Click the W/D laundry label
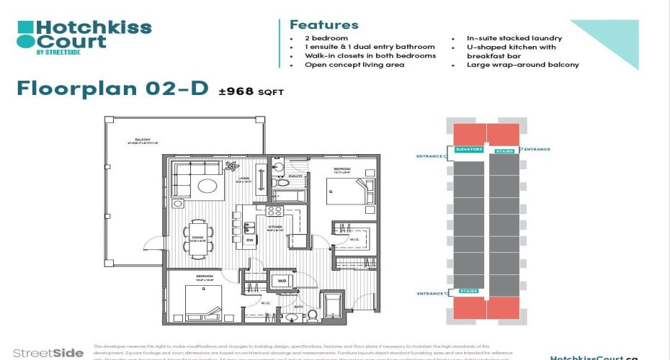282,280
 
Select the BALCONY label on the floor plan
135,140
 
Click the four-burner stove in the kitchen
274,211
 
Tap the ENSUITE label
295,176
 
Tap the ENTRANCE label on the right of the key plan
536,149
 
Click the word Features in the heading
323,25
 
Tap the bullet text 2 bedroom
325,38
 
